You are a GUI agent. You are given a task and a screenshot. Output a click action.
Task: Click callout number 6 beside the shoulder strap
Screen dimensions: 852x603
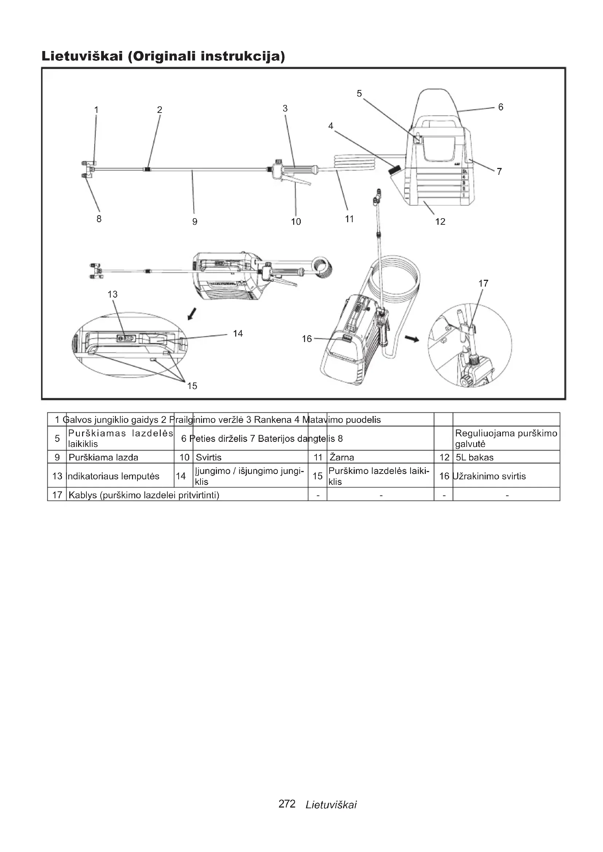point(501,107)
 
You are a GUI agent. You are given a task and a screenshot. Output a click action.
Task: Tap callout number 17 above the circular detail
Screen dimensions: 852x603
point(483,283)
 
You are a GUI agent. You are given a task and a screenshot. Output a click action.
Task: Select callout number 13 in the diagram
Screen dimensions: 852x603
point(113,294)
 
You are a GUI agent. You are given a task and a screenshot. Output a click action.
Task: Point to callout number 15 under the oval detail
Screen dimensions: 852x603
point(192,386)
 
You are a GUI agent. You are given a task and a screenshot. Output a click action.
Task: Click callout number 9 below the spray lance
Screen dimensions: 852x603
point(195,222)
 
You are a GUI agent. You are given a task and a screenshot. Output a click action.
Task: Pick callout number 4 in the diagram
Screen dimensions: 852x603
point(331,126)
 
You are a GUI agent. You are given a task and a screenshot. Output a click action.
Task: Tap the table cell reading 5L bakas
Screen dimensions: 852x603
point(475,457)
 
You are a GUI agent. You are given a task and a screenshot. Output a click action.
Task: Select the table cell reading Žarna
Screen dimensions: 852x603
point(342,457)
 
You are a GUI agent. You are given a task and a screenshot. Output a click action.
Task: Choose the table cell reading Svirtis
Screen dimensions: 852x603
point(208,457)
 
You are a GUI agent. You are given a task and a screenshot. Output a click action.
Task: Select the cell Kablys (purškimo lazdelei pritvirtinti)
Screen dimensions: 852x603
point(144,495)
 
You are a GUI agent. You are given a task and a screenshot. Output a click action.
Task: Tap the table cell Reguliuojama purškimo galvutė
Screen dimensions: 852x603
point(506,439)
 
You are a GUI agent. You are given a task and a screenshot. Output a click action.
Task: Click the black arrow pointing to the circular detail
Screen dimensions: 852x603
point(411,338)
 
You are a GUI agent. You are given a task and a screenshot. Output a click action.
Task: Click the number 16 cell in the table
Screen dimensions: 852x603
point(444,476)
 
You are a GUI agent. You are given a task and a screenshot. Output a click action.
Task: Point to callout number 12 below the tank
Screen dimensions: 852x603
point(440,222)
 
